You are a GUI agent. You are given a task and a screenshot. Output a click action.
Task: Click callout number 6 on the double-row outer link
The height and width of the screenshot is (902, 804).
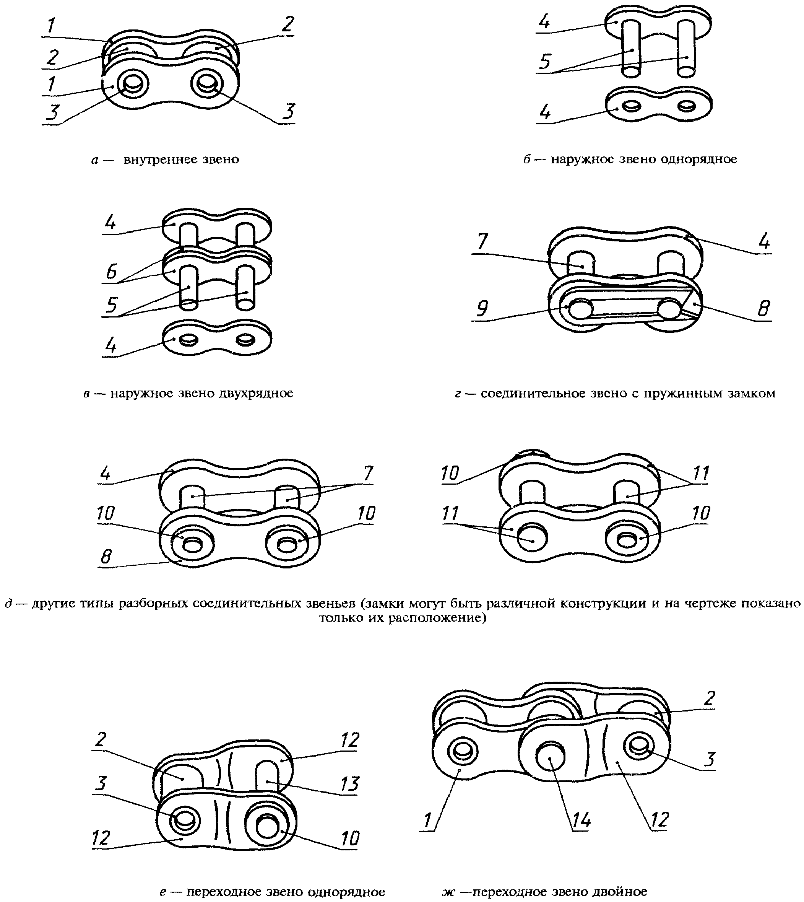(x=111, y=271)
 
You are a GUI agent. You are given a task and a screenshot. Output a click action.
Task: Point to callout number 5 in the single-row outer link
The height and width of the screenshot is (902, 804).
(x=546, y=62)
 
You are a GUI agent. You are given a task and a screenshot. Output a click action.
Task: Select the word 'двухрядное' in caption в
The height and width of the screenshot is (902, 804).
(x=256, y=393)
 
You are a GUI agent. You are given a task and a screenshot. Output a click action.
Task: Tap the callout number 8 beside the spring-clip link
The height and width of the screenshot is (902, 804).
(x=763, y=308)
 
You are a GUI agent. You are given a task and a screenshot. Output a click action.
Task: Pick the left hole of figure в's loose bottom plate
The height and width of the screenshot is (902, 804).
(x=190, y=339)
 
